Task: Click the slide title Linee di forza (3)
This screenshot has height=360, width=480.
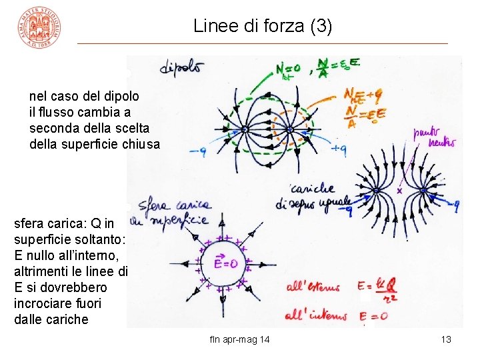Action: pos(262,27)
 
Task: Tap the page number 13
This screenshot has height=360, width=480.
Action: pos(446,340)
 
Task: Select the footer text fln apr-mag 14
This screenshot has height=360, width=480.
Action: pos(239,340)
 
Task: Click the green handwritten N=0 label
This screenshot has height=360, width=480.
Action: pos(288,69)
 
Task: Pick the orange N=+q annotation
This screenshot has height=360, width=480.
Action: pos(363,96)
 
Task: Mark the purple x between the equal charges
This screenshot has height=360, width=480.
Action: pos(400,191)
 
